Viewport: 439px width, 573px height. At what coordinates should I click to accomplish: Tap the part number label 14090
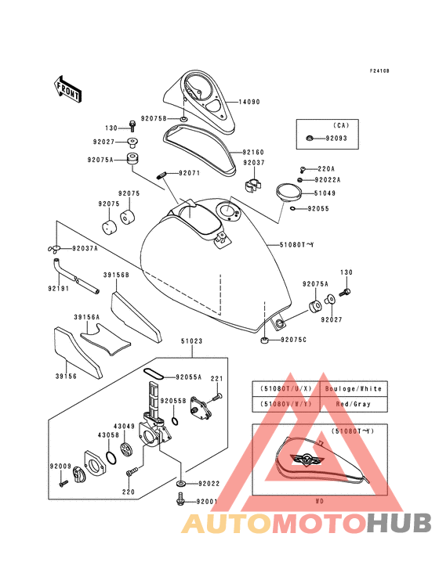point(249,102)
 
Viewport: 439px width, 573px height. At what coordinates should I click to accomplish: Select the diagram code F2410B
point(379,70)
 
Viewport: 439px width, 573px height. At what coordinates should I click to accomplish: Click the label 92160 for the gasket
point(252,152)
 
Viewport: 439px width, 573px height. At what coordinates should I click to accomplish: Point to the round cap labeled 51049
point(288,192)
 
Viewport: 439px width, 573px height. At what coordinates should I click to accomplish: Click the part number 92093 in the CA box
point(336,139)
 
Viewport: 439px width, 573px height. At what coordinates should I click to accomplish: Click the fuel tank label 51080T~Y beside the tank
point(296,245)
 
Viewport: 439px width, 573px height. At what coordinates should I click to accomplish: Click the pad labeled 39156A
point(104,339)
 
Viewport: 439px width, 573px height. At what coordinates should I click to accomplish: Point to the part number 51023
point(191,341)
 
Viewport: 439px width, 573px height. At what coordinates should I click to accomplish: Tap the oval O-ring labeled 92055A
point(154,374)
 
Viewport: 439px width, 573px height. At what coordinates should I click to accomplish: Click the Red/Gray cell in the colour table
point(353,404)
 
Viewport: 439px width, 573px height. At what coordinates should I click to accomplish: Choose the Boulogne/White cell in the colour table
point(354,389)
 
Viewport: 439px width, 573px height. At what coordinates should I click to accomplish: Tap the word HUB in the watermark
point(399,523)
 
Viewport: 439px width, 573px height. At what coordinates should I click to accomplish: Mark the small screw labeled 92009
point(63,483)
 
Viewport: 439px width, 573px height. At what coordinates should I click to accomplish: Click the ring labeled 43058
point(111,457)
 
